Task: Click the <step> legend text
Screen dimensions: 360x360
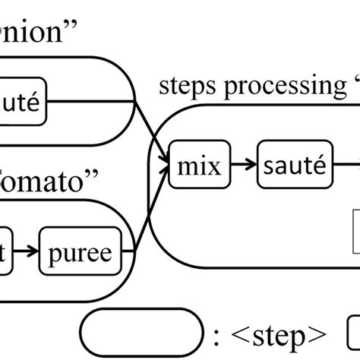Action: [280, 335]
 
